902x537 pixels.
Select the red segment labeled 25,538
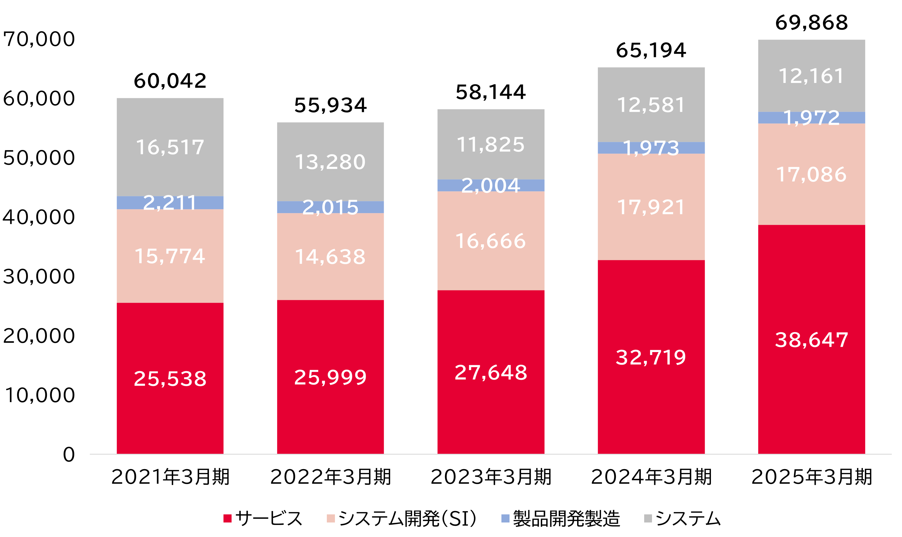pyautogui.click(x=170, y=378)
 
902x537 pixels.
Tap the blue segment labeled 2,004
pyautogui.click(x=491, y=185)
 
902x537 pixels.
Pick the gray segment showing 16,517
pyautogui.click(x=170, y=147)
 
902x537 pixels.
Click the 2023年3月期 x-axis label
pyautogui.click(x=491, y=477)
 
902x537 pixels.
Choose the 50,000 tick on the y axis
pyautogui.click(x=39, y=158)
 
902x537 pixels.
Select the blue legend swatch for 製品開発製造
pyautogui.click(x=505, y=518)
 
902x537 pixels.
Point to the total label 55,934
pyautogui.click(x=330, y=105)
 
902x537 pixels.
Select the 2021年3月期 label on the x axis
pyautogui.click(x=170, y=477)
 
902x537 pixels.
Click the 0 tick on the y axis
pyautogui.click(x=68, y=455)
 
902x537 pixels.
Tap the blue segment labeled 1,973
pyautogui.click(x=651, y=148)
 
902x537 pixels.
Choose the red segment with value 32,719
pyautogui.click(x=651, y=357)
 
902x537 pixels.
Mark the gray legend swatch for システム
pyautogui.click(x=648, y=518)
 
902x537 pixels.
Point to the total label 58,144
pyautogui.click(x=491, y=92)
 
